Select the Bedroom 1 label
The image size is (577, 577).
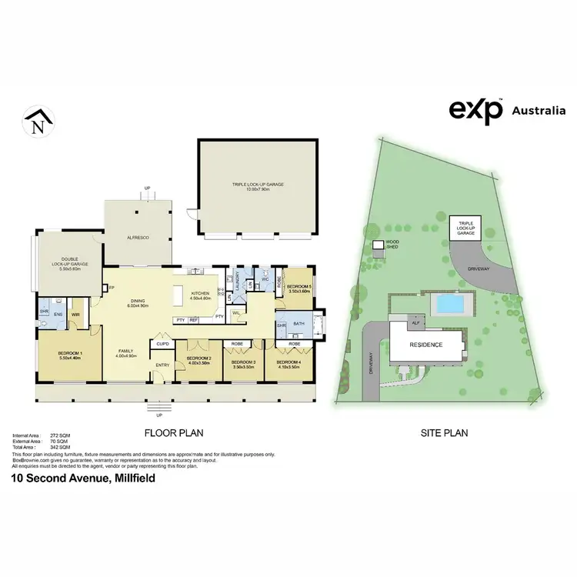point(70,354)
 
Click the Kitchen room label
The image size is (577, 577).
point(201,293)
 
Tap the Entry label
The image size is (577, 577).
point(162,365)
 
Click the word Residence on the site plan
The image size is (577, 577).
point(425,345)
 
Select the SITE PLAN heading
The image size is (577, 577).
point(443,432)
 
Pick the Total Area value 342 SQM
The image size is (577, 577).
point(61,447)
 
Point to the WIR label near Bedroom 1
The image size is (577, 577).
point(76,315)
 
